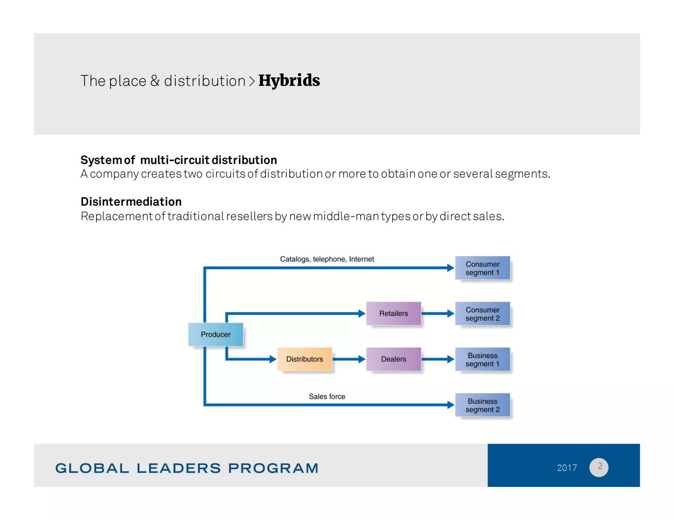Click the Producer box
(x=216, y=334)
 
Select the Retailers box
(x=393, y=313)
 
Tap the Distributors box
(x=304, y=359)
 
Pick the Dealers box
(x=393, y=359)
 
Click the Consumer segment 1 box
(x=482, y=268)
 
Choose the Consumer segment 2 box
(x=482, y=314)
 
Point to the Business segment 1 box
(x=482, y=359)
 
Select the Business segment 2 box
(x=482, y=405)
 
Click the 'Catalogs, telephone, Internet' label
(x=327, y=259)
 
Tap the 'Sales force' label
(x=327, y=396)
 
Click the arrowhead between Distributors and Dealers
(x=362, y=359)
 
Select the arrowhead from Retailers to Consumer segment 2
(x=451, y=314)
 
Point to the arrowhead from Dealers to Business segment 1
(x=451, y=359)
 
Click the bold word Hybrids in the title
(x=289, y=81)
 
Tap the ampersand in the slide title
(x=155, y=81)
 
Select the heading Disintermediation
(x=131, y=201)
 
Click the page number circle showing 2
(x=599, y=467)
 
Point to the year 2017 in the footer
(x=567, y=467)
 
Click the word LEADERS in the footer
(x=179, y=468)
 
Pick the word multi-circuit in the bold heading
(x=174, y=160)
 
